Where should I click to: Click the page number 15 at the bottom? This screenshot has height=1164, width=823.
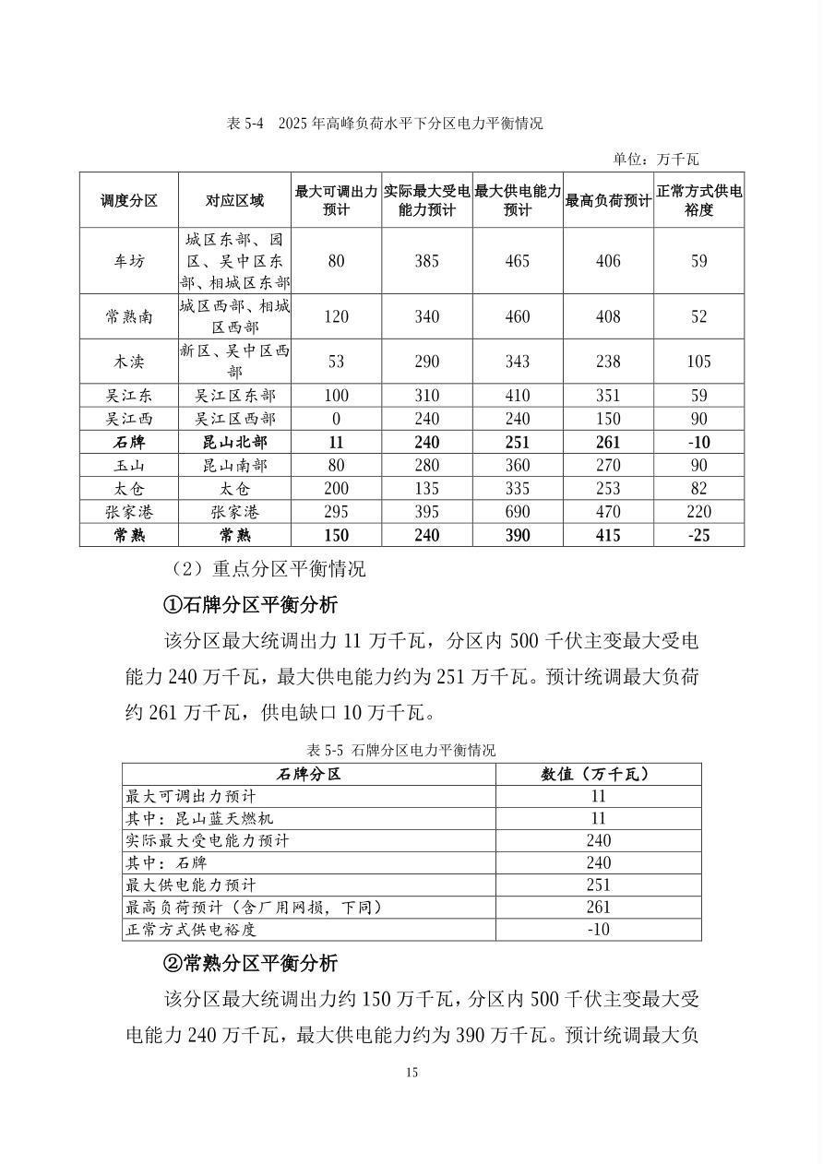tap(411, 1072)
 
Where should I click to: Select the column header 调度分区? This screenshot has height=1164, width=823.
tap(129, 200)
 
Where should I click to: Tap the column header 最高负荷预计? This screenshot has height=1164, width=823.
tap(608, 200)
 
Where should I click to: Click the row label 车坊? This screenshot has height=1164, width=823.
tap(129, 261)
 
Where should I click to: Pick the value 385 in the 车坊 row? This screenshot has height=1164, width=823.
tap(427, 261)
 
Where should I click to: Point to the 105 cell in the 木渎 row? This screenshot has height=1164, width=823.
tap(698, 361)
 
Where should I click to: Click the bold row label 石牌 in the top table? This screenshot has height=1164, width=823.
tap(129, 443)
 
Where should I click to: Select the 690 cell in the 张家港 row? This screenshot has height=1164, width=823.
tap(518, 513)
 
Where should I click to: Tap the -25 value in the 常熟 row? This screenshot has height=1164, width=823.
tap(698, 535)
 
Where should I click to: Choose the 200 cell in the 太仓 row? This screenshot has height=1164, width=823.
tap(336, 489)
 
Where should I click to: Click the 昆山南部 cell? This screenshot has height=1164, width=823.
tap(234, 466)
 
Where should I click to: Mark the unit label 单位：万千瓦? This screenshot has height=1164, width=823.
tap(656, 159)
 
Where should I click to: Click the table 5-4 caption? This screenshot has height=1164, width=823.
tap(385, 124)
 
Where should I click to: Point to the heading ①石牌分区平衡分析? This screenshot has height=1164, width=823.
tap(250, 605)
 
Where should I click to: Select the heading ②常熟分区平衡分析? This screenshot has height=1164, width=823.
tap(250, 964)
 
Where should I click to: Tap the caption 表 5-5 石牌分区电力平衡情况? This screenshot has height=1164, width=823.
tap(401, 750)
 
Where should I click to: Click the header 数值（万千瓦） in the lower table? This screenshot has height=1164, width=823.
tap(598, 774)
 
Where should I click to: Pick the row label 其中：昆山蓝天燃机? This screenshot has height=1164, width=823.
tap(200, 818)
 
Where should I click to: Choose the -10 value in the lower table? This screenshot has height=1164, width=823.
tap(598, 929)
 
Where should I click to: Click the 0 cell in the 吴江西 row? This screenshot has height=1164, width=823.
tap(336, 419)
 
